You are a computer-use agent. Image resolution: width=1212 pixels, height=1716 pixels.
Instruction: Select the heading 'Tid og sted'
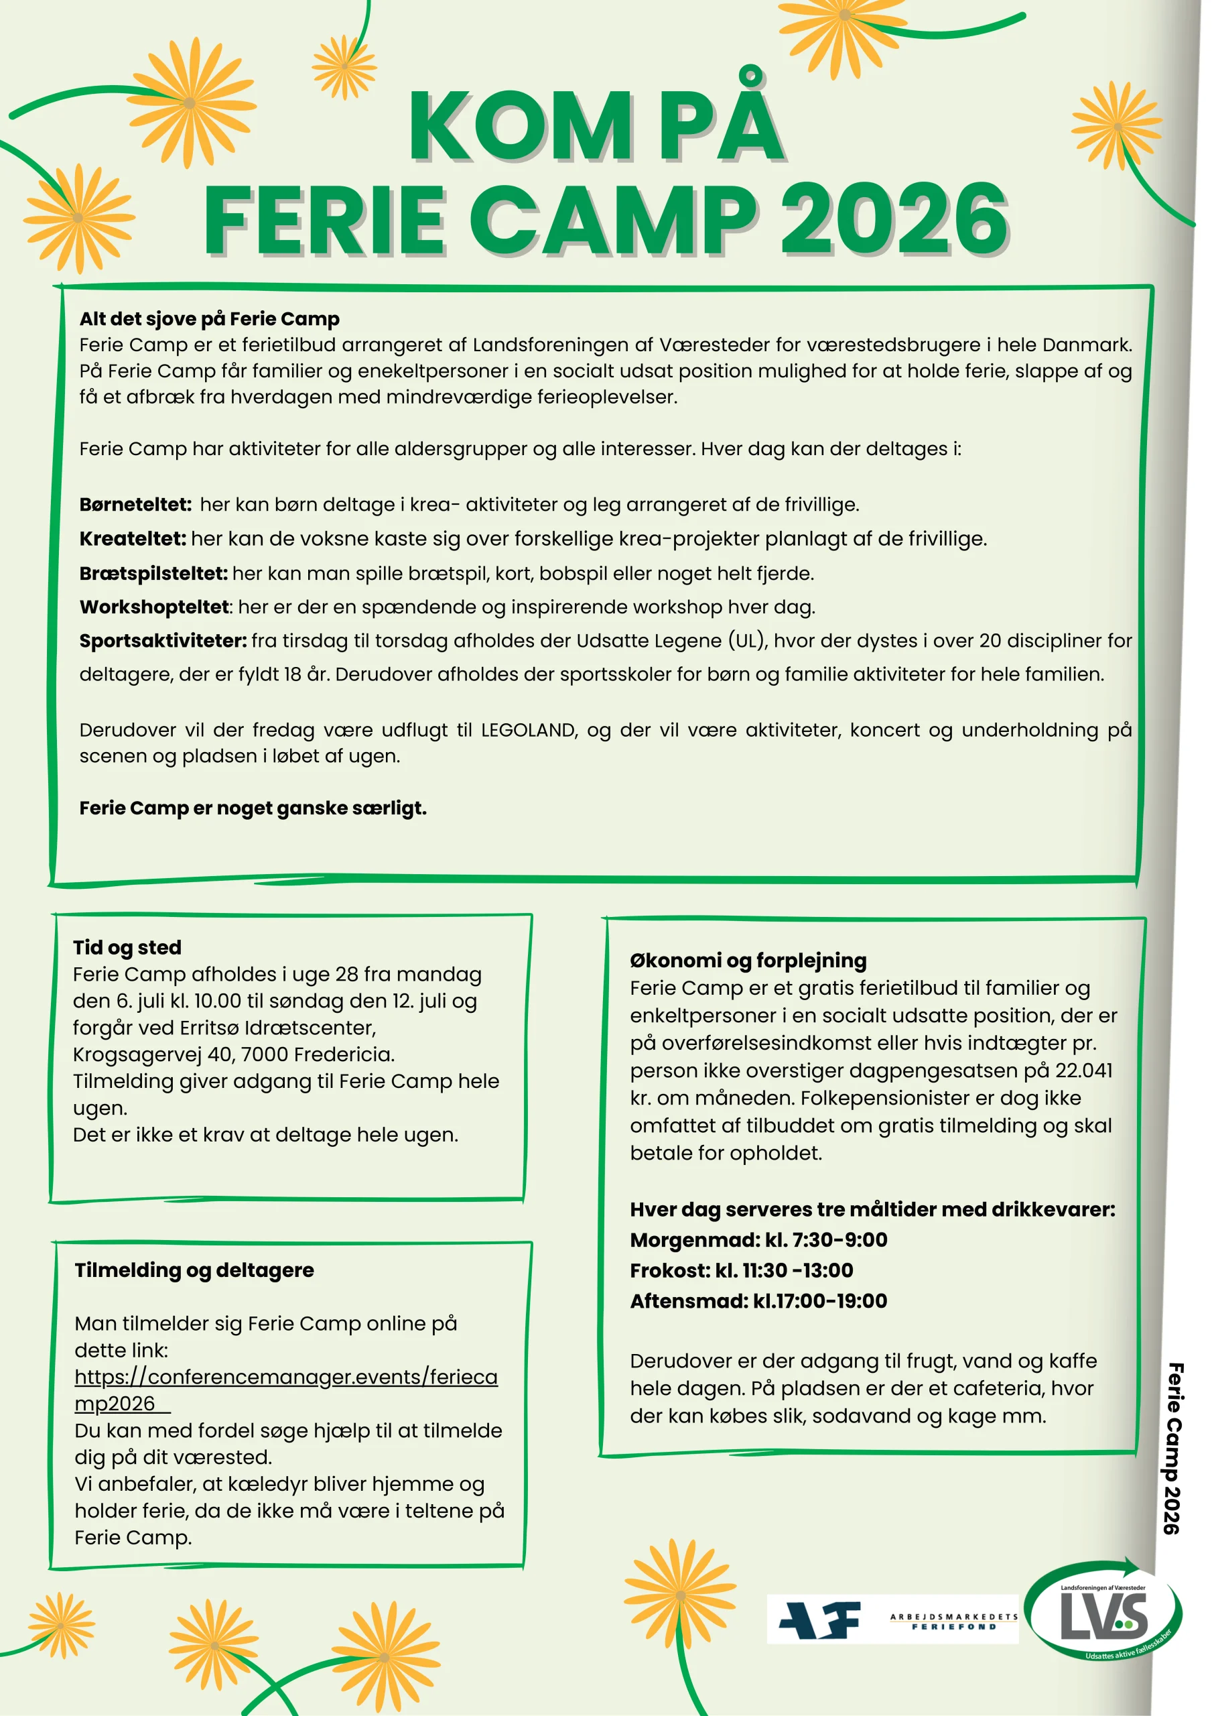[127, 947]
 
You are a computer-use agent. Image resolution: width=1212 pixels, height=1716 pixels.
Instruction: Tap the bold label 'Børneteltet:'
[135, 505]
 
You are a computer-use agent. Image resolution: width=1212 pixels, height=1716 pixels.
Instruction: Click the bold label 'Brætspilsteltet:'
[153, 573]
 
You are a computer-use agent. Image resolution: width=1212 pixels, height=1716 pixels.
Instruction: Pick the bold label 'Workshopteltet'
[154, 607]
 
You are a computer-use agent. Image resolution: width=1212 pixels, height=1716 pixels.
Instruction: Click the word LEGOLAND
[529, 730]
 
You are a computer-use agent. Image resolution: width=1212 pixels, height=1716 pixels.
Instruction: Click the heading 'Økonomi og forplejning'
[748, 961]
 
